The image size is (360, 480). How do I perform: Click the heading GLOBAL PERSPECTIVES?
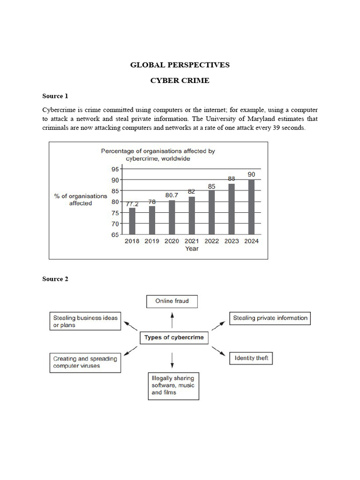180,65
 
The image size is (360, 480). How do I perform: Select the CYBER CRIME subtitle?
180,81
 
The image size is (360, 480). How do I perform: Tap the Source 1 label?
55,96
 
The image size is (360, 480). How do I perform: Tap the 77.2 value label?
132,203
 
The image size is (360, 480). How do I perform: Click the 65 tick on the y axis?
115,235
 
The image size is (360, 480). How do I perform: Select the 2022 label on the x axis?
212,241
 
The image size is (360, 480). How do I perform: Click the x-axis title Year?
192,248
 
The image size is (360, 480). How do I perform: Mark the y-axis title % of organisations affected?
81,200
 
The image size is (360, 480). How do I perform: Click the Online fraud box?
172,301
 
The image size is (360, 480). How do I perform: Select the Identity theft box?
251,359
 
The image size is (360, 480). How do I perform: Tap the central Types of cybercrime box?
174,337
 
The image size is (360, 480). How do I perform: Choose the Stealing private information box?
270,318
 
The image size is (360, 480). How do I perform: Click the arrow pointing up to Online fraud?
172,321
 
